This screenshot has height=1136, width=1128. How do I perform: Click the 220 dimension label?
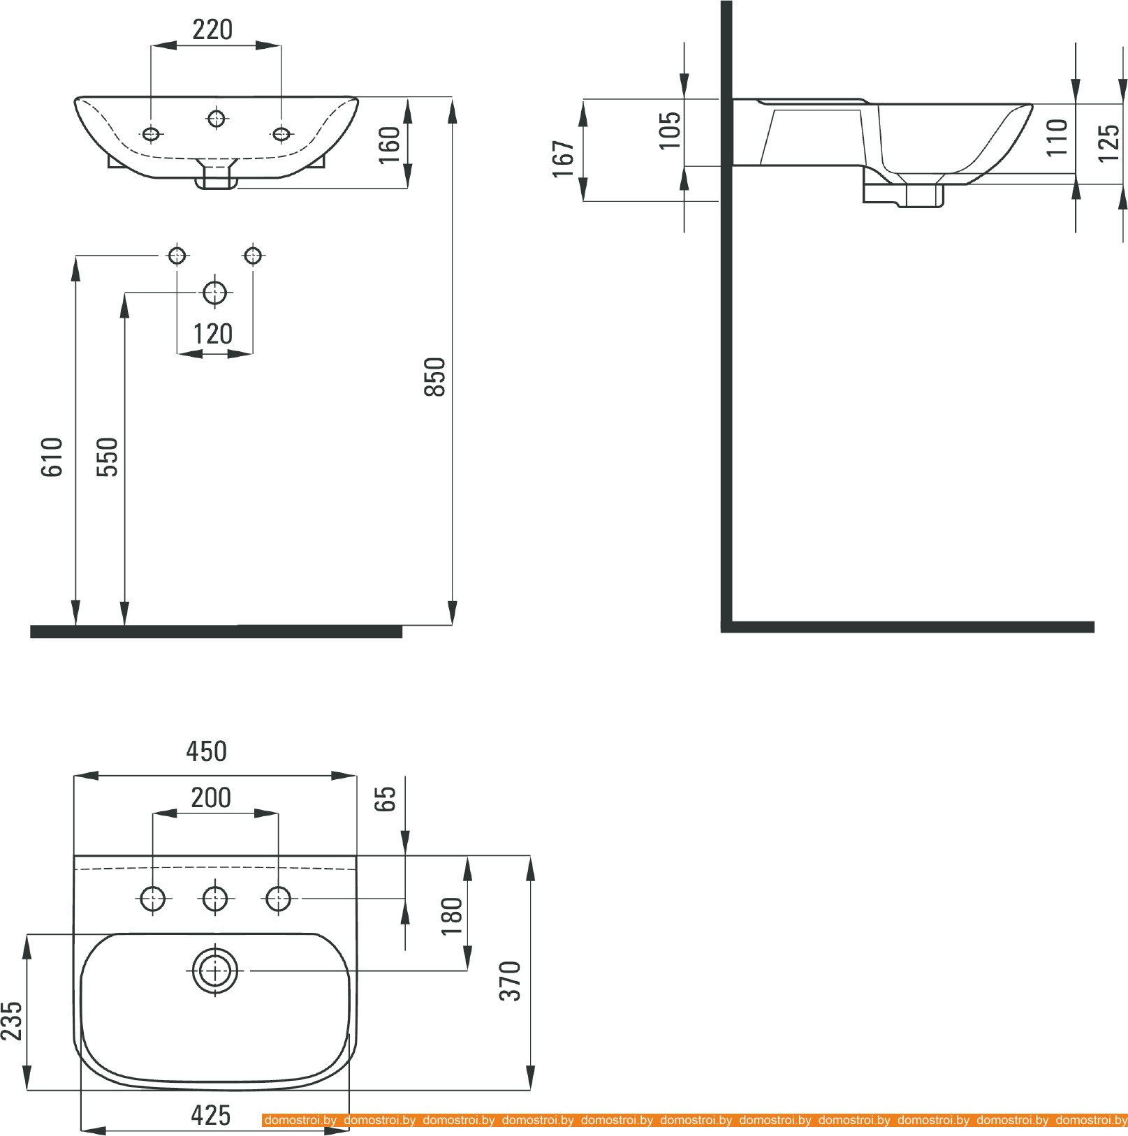tap(212, 29)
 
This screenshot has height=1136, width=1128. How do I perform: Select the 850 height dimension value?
tap(434, 377)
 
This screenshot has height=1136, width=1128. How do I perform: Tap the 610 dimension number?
tap(52, 457)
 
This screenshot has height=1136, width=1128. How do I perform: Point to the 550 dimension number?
tap(107, 457)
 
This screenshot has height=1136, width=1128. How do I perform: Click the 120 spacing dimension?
tap(213, 334)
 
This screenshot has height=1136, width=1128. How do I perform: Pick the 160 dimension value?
tap(389, 145)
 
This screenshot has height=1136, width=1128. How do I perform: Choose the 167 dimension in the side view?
tap(563, 159)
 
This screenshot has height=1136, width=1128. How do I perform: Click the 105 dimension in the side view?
tap(670, 130)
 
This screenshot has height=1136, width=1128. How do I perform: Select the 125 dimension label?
tap(1108, 143)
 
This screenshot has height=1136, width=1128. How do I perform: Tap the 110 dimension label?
tap(1057, 137)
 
